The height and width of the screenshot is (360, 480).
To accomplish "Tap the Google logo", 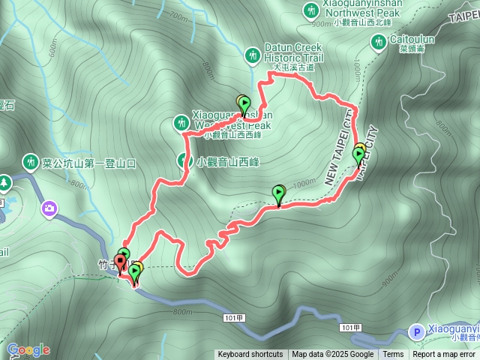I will pos(28,349).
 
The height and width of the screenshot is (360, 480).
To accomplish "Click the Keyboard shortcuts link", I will pos(250,355).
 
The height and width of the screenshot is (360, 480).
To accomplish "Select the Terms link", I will pos(393,355).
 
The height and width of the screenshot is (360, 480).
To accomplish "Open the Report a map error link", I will pos(445,355).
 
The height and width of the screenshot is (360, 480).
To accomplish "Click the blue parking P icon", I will pos(415,331).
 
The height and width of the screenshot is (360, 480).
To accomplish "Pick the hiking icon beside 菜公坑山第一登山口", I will pos(31,160).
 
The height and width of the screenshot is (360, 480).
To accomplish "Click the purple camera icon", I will pos(49,207).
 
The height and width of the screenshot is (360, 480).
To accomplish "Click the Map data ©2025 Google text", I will pos(332,355).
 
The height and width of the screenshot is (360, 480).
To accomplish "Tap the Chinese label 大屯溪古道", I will pos(293,67).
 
